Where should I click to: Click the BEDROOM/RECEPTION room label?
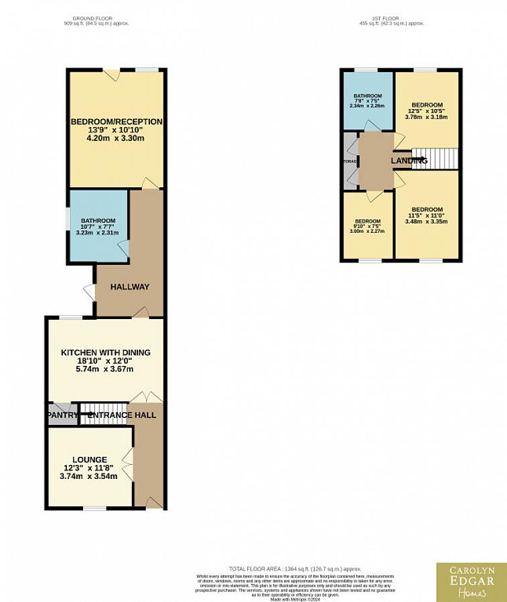[x=116, y=122]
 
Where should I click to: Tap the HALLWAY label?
[x=129, y=287]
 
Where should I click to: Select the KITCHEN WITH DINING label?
[x=106, y=353]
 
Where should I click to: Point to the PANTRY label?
[x=62, y=415]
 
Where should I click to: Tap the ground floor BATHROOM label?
[x=98, y=221]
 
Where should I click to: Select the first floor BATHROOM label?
[x=368, y=96]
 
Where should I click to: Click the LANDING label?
[x=409, y=161]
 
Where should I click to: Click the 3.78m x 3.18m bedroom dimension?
[x=427, y=117]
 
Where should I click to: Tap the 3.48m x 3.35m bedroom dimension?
[x=427, y=221]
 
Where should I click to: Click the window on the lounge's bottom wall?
[x=94, y=508]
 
